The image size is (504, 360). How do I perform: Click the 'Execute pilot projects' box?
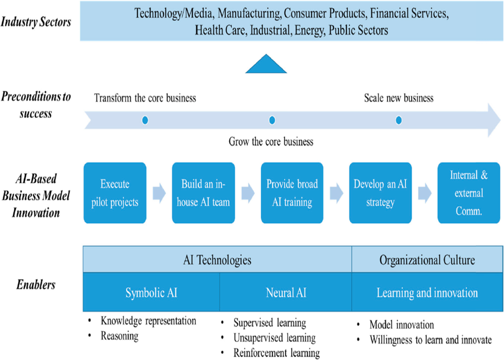[x=115, y=193]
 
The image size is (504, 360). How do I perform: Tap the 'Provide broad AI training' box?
[x=292, y=193]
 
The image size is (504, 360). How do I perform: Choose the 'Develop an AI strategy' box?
[x=380, y=193]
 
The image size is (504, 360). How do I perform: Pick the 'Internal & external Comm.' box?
[x=469, y=193]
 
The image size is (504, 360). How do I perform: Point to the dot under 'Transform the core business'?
[x=145, y=121]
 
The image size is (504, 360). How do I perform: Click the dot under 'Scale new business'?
[x=399, y=121]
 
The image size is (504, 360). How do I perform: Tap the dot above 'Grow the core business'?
[x=272, y=121]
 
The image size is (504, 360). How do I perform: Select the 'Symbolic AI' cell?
[x=151, y=293]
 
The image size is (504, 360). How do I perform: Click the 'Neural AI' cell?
[x=286, y=293]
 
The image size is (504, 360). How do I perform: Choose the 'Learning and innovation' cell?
[x=427, y=293]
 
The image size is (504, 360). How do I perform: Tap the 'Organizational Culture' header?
[x=427, y=260]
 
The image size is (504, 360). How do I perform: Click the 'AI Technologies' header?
[x=217, y=260]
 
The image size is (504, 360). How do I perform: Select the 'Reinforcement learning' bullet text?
[x=276, y=352]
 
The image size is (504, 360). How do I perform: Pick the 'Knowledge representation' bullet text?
[x=148, y=321]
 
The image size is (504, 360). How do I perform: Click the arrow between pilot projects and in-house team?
[x=160, y=193]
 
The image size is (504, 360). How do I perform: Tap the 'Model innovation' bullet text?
[x=402, y=325]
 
